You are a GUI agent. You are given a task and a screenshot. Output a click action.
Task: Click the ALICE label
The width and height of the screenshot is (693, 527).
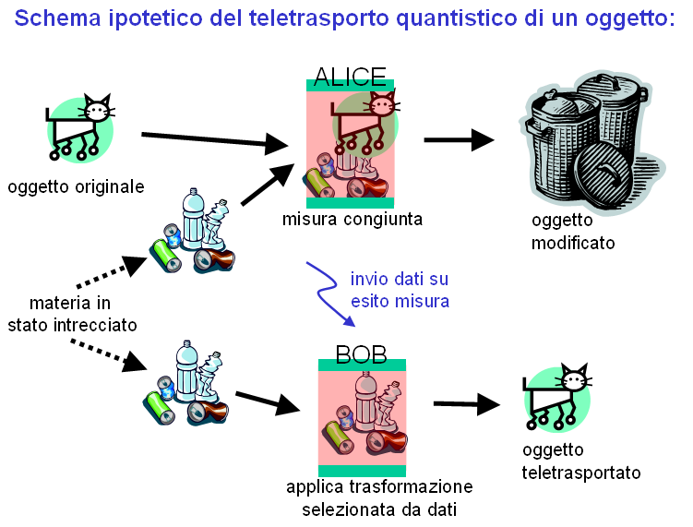click(350, 75)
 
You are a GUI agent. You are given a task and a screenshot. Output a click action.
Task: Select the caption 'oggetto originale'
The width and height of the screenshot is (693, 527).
click(77, 187)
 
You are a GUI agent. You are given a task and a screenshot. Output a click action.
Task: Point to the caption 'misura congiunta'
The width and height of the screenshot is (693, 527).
click(353, 220)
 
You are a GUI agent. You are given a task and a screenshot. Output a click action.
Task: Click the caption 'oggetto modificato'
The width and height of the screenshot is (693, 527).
click(573, 233)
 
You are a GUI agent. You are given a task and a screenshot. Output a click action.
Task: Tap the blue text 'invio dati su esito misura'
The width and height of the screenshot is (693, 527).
click(400, 289)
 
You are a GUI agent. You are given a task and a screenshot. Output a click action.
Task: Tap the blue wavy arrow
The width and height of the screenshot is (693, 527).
click(331, 294)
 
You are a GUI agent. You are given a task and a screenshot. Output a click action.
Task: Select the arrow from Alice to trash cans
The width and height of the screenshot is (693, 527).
click(459, 140)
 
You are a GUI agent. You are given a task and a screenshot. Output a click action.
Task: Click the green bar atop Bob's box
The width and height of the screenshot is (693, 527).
click(363, 365)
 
